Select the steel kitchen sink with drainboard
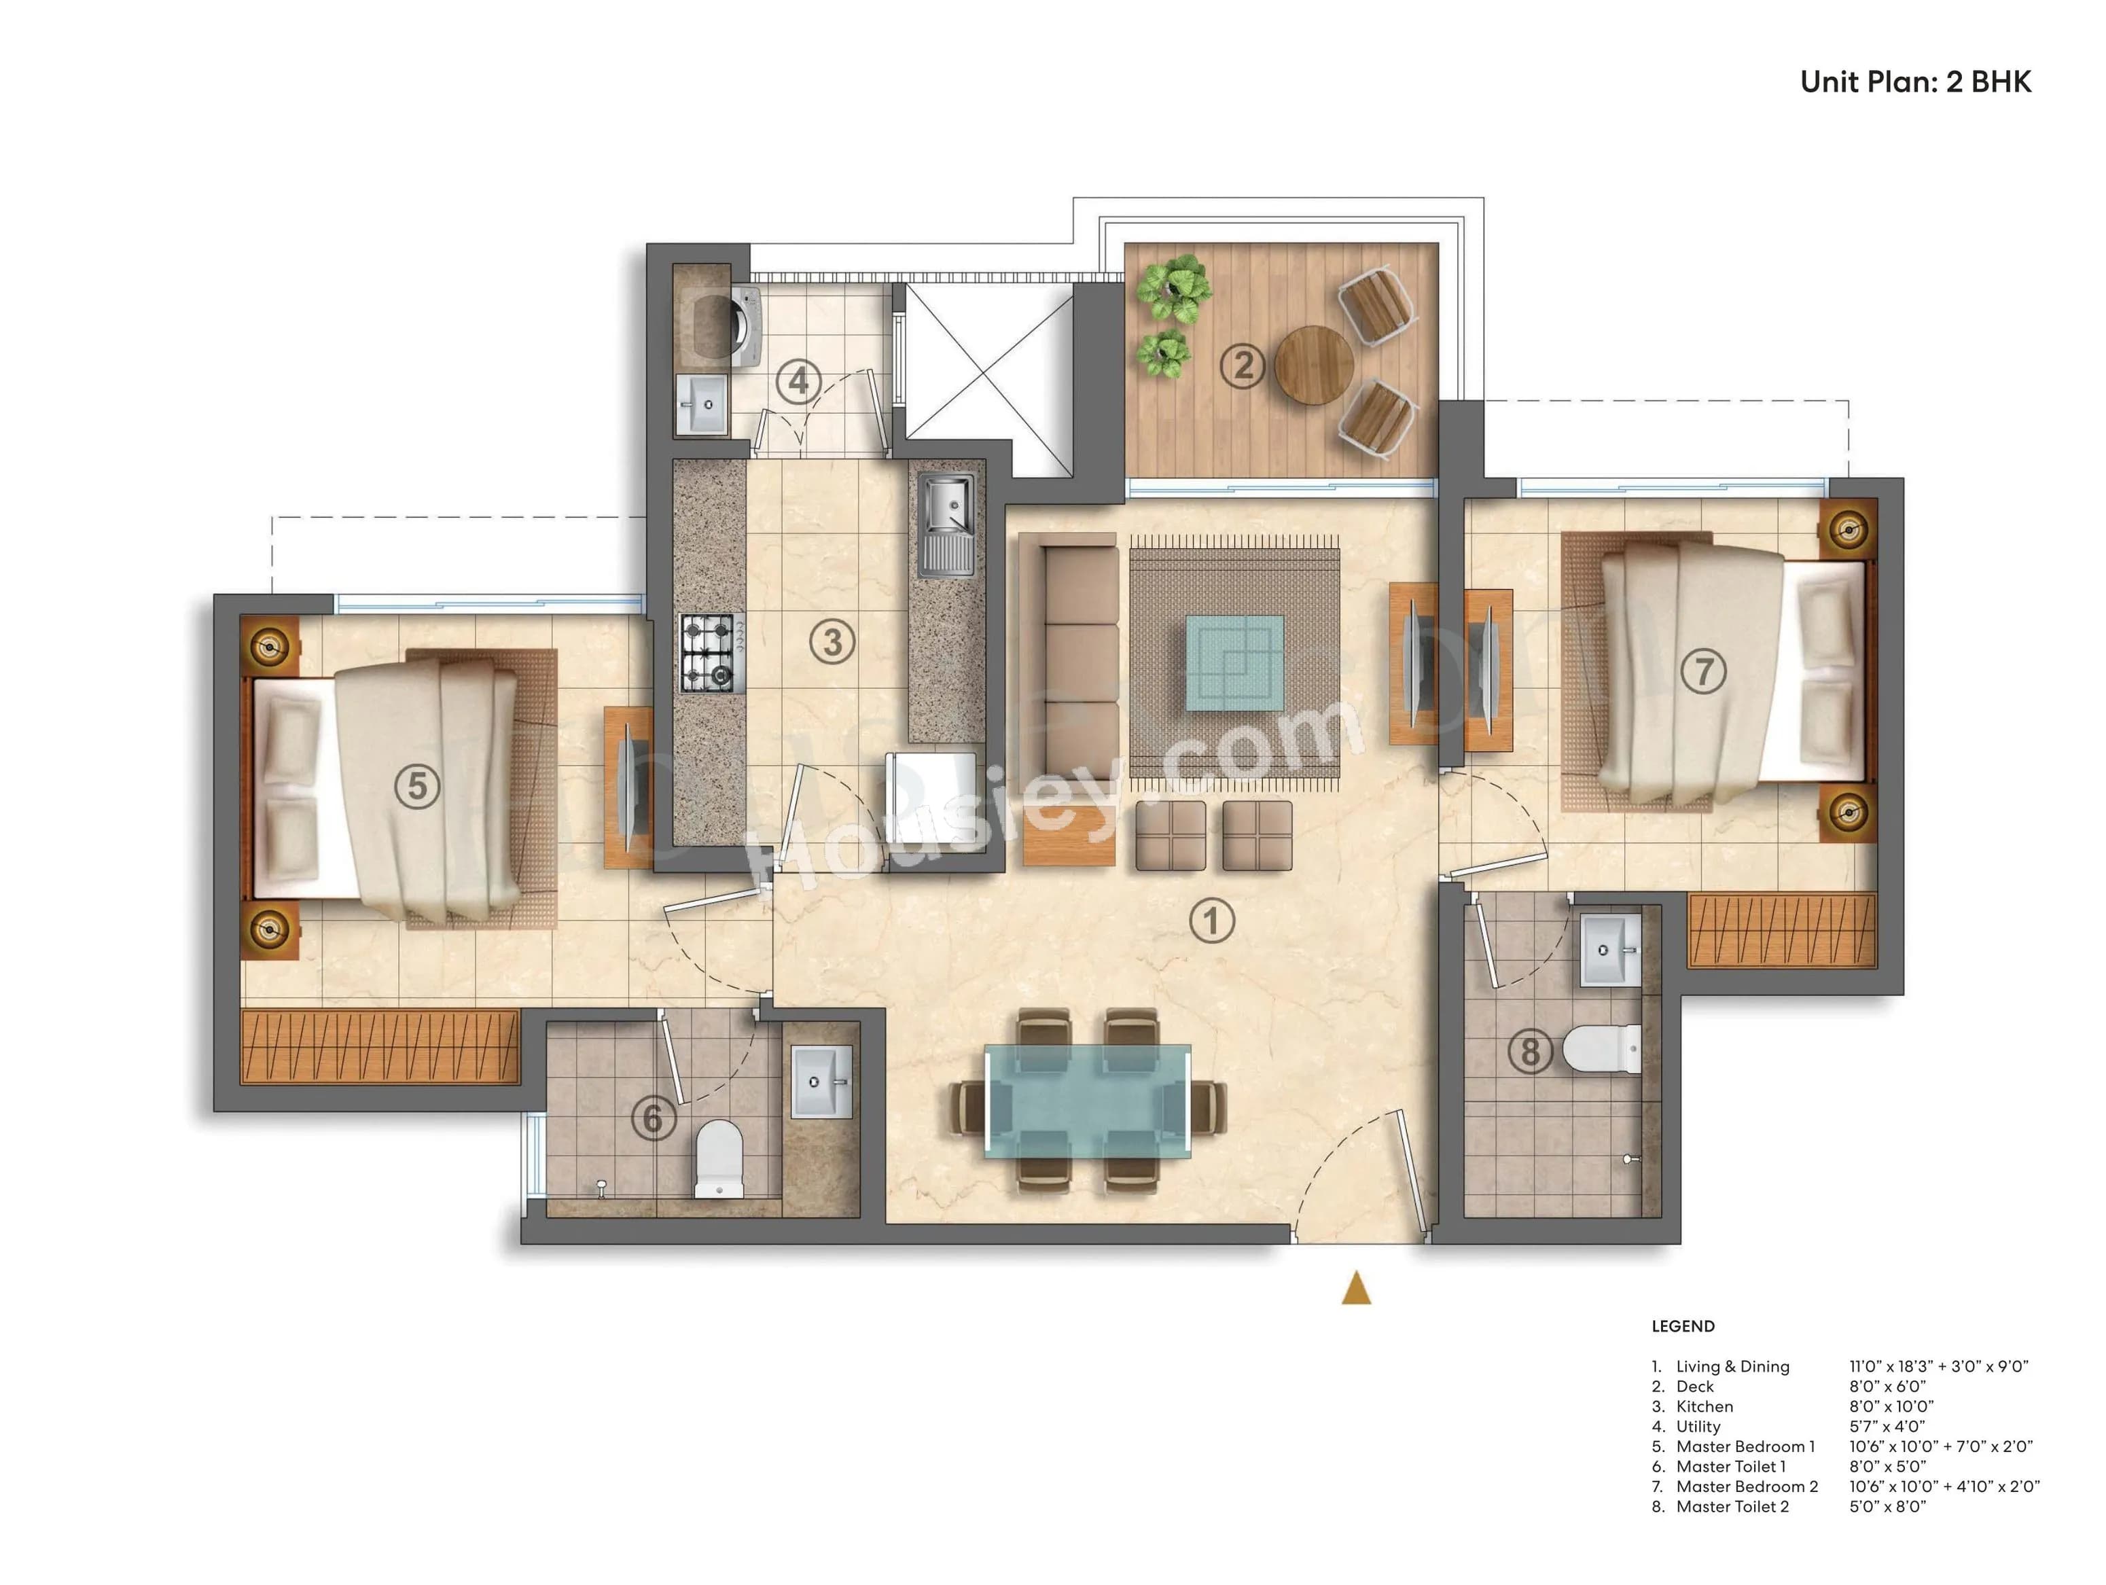pyautogui.click(x=946, y=525)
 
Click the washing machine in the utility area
pyautogui.click(x=745, y=327)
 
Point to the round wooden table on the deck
pyautogui.click(x=1313, y=366)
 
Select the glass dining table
pyautogui.click(x=1087, y=1099)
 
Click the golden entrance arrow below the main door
pyautogui.click(x=1356, y=1289)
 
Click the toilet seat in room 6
pyautogui.click(x=719, y=1156)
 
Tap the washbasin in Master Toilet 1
pyautogui.click(x=821, y=1082)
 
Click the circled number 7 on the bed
pyautogui.click(x=1703, y=671)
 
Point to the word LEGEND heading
pyautogui.click(x=1682, y=1326)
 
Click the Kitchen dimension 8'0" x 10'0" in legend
pyautogui.click(x=1891, y=1406)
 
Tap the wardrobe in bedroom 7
pyautogui.click(x=1781, y=930)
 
